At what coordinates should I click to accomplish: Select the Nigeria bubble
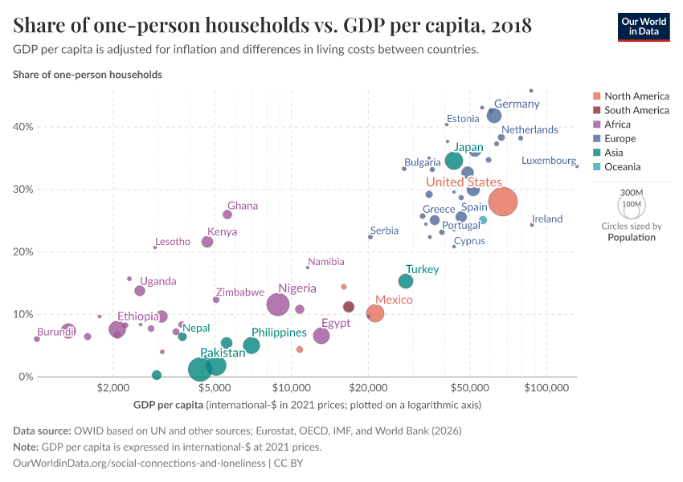(278, 304)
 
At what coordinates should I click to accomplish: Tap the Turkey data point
(406, 281)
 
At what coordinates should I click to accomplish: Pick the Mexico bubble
(374, 313)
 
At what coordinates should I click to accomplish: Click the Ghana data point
(227, 214)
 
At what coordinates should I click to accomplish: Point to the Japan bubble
(454, 161)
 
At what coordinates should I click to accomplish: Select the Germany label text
(517, 104)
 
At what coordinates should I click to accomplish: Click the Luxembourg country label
(548, 161)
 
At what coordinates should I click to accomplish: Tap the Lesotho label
(173, 242)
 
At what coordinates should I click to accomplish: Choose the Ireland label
(547, 219)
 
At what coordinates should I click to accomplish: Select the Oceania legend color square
(596, 167)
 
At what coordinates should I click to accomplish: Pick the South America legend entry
(636, 110)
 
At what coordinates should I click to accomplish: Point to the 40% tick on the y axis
(22, 127)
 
